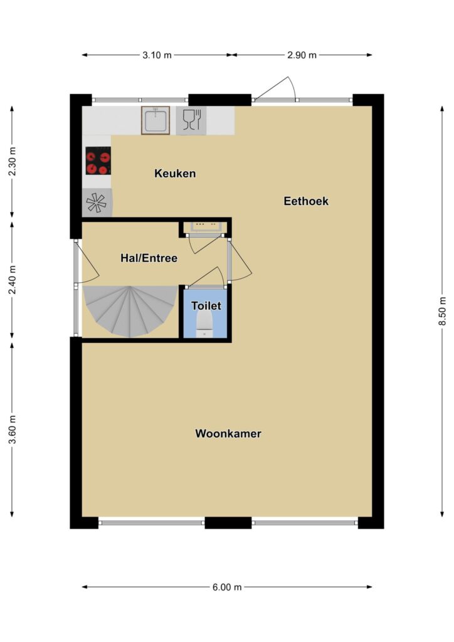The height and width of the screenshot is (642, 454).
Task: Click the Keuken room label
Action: click(x=175, y=173)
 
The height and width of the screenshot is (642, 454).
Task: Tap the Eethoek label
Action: click(x=306, y=201)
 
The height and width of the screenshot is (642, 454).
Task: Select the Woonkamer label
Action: click(x=228, y=434)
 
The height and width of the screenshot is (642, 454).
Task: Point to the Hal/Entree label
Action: click(x=149, y=258)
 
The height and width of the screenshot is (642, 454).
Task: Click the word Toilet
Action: click(x=206, y=305)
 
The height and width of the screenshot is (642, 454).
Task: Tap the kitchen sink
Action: click(x=156, y=120)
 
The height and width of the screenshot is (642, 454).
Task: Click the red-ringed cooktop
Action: click(x=98, y=161)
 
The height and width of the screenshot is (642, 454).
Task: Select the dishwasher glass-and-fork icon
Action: click(x=191, y=120)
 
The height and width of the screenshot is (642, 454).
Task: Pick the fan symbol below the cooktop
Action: click(x=97, y=203)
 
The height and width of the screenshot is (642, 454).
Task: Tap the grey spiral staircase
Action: click(x=130, y=311)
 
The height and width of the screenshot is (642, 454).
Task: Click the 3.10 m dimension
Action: click(x=157, y=55)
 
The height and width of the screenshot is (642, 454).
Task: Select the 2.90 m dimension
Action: click(x=302, y=55)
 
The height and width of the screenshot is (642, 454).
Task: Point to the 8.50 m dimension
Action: click(x=442, y=311)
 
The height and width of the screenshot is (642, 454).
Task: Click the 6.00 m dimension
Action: click(x=227, y=587)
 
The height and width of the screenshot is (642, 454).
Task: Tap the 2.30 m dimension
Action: click(x=13, y=161)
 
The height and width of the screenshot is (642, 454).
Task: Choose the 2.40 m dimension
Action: click(x=13, y=280)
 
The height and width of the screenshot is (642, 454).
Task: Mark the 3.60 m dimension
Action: click(x=13, y=429)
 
